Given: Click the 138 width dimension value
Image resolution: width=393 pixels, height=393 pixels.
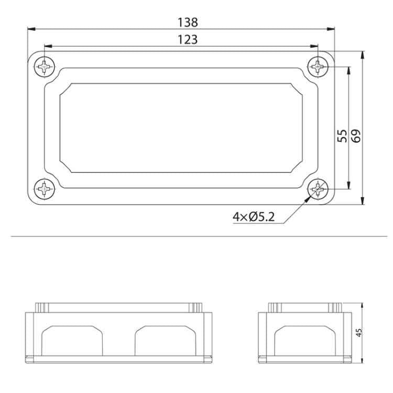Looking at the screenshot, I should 188,23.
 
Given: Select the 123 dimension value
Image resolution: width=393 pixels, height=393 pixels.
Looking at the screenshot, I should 188,39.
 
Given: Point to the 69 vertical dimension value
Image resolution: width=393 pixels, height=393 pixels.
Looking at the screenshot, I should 356,136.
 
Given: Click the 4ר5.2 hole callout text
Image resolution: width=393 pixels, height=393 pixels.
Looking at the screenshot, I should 254,216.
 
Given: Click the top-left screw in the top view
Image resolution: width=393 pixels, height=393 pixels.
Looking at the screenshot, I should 46,67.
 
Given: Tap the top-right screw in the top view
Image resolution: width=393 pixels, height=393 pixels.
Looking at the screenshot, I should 318,67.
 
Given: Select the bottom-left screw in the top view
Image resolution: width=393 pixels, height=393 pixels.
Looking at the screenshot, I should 46,188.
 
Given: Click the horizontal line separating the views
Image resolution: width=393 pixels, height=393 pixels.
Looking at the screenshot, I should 196,237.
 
